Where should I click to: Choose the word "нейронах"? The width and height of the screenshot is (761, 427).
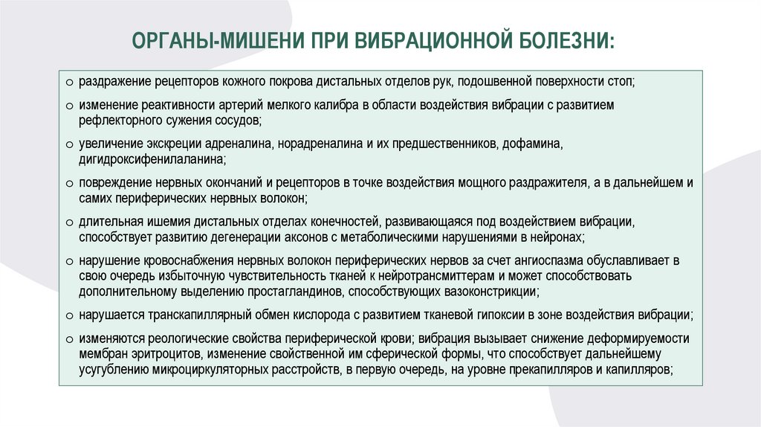pos(560,237)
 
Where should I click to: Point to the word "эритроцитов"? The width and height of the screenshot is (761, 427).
pos(166,353)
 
